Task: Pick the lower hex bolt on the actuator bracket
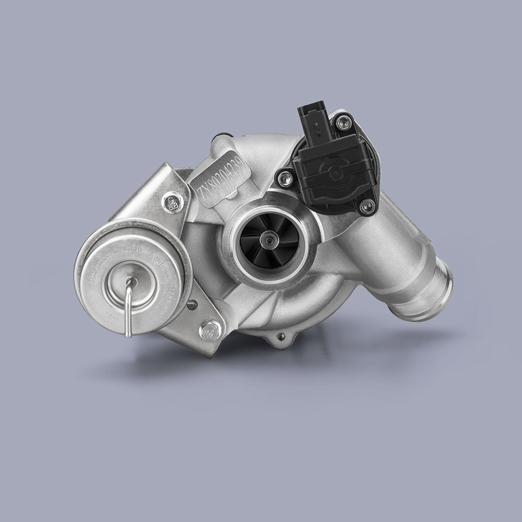click(x=209, y=330)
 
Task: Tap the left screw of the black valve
click(x=283, y=180)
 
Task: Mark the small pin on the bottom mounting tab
click(x=281, y=336)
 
